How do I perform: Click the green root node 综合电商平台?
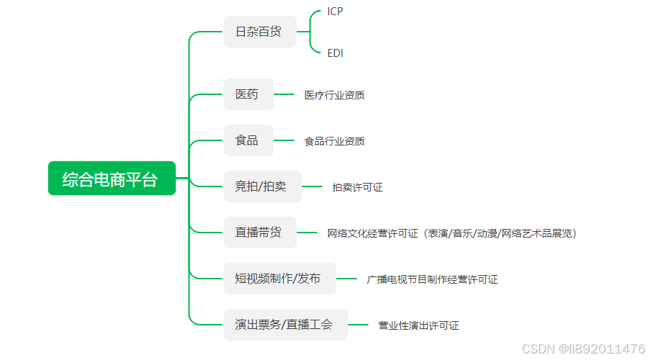pos(112,179)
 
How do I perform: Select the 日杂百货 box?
pos(260,32)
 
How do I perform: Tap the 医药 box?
pos(248,94)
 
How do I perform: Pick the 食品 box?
pos(248,140)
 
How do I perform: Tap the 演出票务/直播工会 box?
pos(285,325)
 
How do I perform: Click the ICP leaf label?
pos(335,12)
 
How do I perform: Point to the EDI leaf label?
pos(335,53)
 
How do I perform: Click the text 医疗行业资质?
pos(334,95)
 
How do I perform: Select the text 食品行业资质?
pos(334,141)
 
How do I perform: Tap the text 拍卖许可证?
pos(357,187)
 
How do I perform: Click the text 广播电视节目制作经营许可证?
pos(432,279)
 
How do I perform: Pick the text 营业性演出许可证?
pos(418,325)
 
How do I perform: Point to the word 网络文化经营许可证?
pos(372,233)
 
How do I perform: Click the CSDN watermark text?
pos(583,349)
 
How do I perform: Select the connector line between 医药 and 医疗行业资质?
pos(284,94)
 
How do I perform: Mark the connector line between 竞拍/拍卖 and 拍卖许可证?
pos(312,186)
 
